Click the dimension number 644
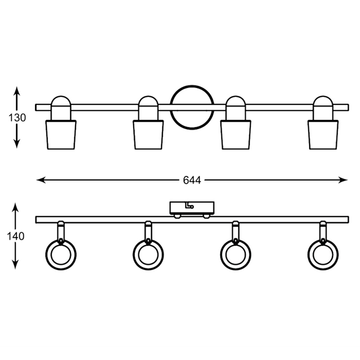pos(192,180)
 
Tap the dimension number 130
pos(17,118)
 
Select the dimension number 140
pos(16,236)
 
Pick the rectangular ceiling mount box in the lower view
pos(192,208)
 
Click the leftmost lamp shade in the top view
pos(61,134)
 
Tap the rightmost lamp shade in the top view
pos(323,134)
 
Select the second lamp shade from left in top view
pos(148,134)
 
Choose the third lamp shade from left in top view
pos(235,134)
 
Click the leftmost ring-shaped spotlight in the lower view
pos(61,255)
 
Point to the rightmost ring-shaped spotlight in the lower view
pos(323,255)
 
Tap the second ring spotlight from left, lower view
pos(148,255)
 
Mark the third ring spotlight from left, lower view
pos(235,255)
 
